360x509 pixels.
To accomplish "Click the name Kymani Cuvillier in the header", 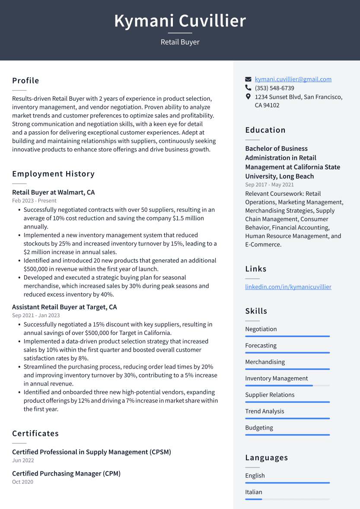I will tap(180, 21).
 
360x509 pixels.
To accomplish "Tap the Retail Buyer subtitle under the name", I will tap(180, 42).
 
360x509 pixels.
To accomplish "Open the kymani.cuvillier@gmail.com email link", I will tap(293, 79).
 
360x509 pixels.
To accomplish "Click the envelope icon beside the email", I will tap(248, 79).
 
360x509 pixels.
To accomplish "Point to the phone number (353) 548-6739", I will tap(274, 88).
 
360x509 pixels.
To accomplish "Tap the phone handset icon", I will tap(248, 88).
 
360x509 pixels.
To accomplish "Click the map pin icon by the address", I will tap(248, 96).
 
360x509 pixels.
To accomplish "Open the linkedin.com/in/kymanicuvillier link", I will tap(288, 286).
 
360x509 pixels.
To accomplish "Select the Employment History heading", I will tap(53, 174).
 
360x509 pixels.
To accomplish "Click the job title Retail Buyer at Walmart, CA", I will tap(53, 192).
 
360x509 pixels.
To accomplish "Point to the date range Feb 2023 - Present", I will tap(34, 200).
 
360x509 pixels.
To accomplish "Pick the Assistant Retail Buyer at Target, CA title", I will tap(64, 307).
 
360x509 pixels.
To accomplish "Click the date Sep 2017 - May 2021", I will tap(269, 185).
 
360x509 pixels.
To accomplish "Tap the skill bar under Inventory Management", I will tap(287, 385).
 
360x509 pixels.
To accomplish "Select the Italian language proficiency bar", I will tap(287, 499).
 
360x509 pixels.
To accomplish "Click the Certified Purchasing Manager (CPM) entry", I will tap(66, 474).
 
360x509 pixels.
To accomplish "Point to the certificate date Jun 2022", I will tap(23, 460).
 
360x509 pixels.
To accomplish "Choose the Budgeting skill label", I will tap(259, 428).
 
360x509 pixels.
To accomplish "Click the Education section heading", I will tap(265, 130).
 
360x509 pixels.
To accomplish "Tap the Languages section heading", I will tap(266, 458).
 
